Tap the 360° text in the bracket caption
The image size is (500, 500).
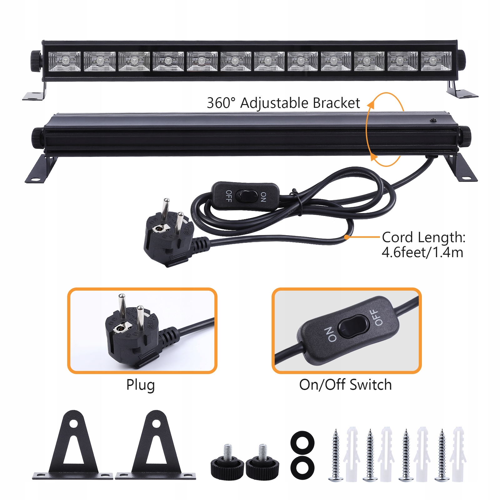click(221, 103)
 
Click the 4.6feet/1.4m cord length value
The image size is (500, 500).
click(422, 252)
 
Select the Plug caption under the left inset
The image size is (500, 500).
click(140, 385)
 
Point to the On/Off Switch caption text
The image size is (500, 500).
click(345, 385)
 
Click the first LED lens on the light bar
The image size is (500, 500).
click(65, 61)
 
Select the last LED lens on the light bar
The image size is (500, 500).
click(436, 61)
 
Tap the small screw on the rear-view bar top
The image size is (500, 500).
click(433, 120)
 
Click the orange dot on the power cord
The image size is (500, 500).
click(347, 237)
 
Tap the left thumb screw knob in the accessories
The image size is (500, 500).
click(227, 466)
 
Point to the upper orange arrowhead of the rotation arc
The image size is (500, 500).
click(371, 104)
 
